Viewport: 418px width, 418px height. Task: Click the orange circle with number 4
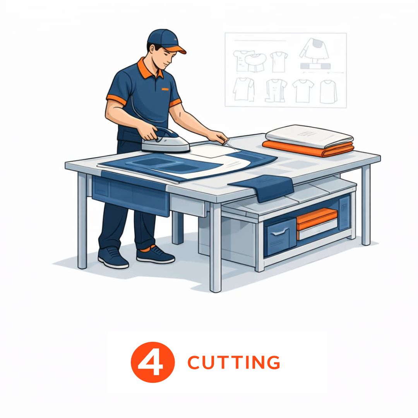[152, 362]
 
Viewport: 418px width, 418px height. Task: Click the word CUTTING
[234, 362]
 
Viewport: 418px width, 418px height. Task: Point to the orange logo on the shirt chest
[165, 89]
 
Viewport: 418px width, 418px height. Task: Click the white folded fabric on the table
[309, 136]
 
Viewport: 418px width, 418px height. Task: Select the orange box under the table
[317, 219]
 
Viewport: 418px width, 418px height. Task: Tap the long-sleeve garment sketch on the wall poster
[314, 49]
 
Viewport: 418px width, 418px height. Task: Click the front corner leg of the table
[216, 248]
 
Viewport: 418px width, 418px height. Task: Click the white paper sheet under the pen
[213, 150]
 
